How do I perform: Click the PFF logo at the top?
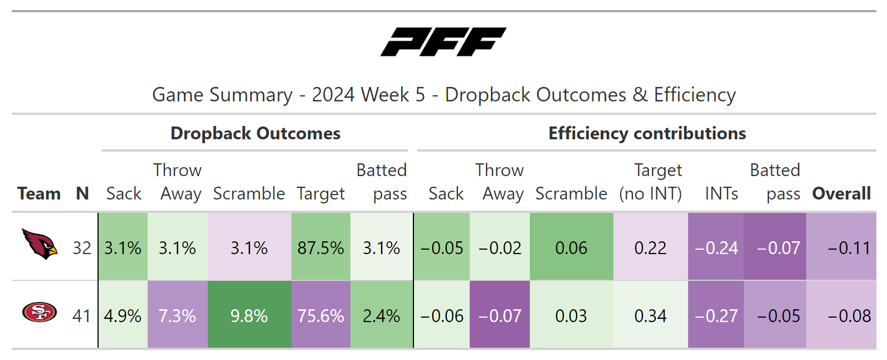coord(443,42)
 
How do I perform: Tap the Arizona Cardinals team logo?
coord(40,244)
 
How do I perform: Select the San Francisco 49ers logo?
coord(40,312)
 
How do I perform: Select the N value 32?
coord(82,249)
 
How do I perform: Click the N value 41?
coord(81,316)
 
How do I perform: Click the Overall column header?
coord(841,194)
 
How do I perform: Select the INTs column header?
coord(722,194)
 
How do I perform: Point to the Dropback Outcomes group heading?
coord(255,133)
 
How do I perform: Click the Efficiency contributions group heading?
coord(647,133)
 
